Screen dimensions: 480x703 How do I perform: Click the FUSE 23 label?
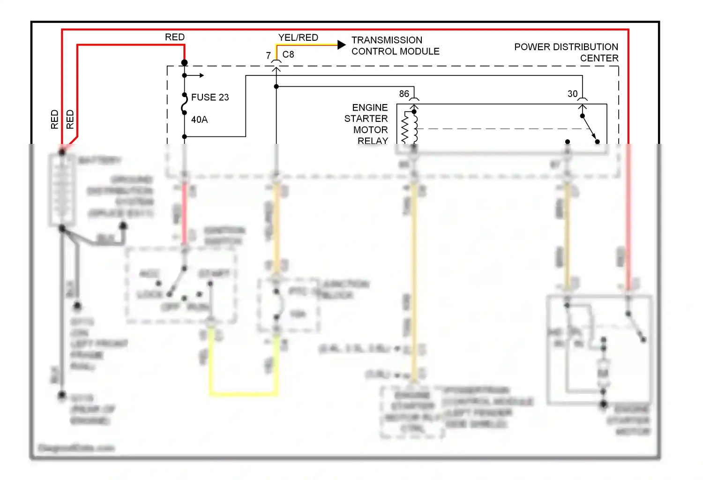coord(210,97)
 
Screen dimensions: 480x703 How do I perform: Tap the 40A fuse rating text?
coord(199,120)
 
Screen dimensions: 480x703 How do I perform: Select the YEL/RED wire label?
coord(298,37)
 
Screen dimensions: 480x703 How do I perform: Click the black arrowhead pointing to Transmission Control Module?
coord(342,45)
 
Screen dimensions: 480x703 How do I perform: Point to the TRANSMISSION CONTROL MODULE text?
coord(395,45)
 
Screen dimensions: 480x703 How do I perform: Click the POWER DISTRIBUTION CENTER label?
coord(566,52)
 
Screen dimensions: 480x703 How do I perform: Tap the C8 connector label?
coord(288,54)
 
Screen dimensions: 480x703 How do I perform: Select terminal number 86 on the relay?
coord(404,94)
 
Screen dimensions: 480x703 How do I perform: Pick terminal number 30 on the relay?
coord(573,94)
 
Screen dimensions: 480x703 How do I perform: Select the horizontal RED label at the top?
coord(175,37)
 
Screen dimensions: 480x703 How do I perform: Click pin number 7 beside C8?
coord(268,56)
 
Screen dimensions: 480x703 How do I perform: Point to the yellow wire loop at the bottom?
coord(243,393)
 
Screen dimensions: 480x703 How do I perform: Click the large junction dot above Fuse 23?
coord(185,62)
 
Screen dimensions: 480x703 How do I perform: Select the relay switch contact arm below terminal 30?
coord(590,129)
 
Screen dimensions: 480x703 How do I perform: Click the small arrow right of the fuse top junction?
coord(200,75)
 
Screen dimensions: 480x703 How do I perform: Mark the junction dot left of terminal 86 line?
coord(277,87)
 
